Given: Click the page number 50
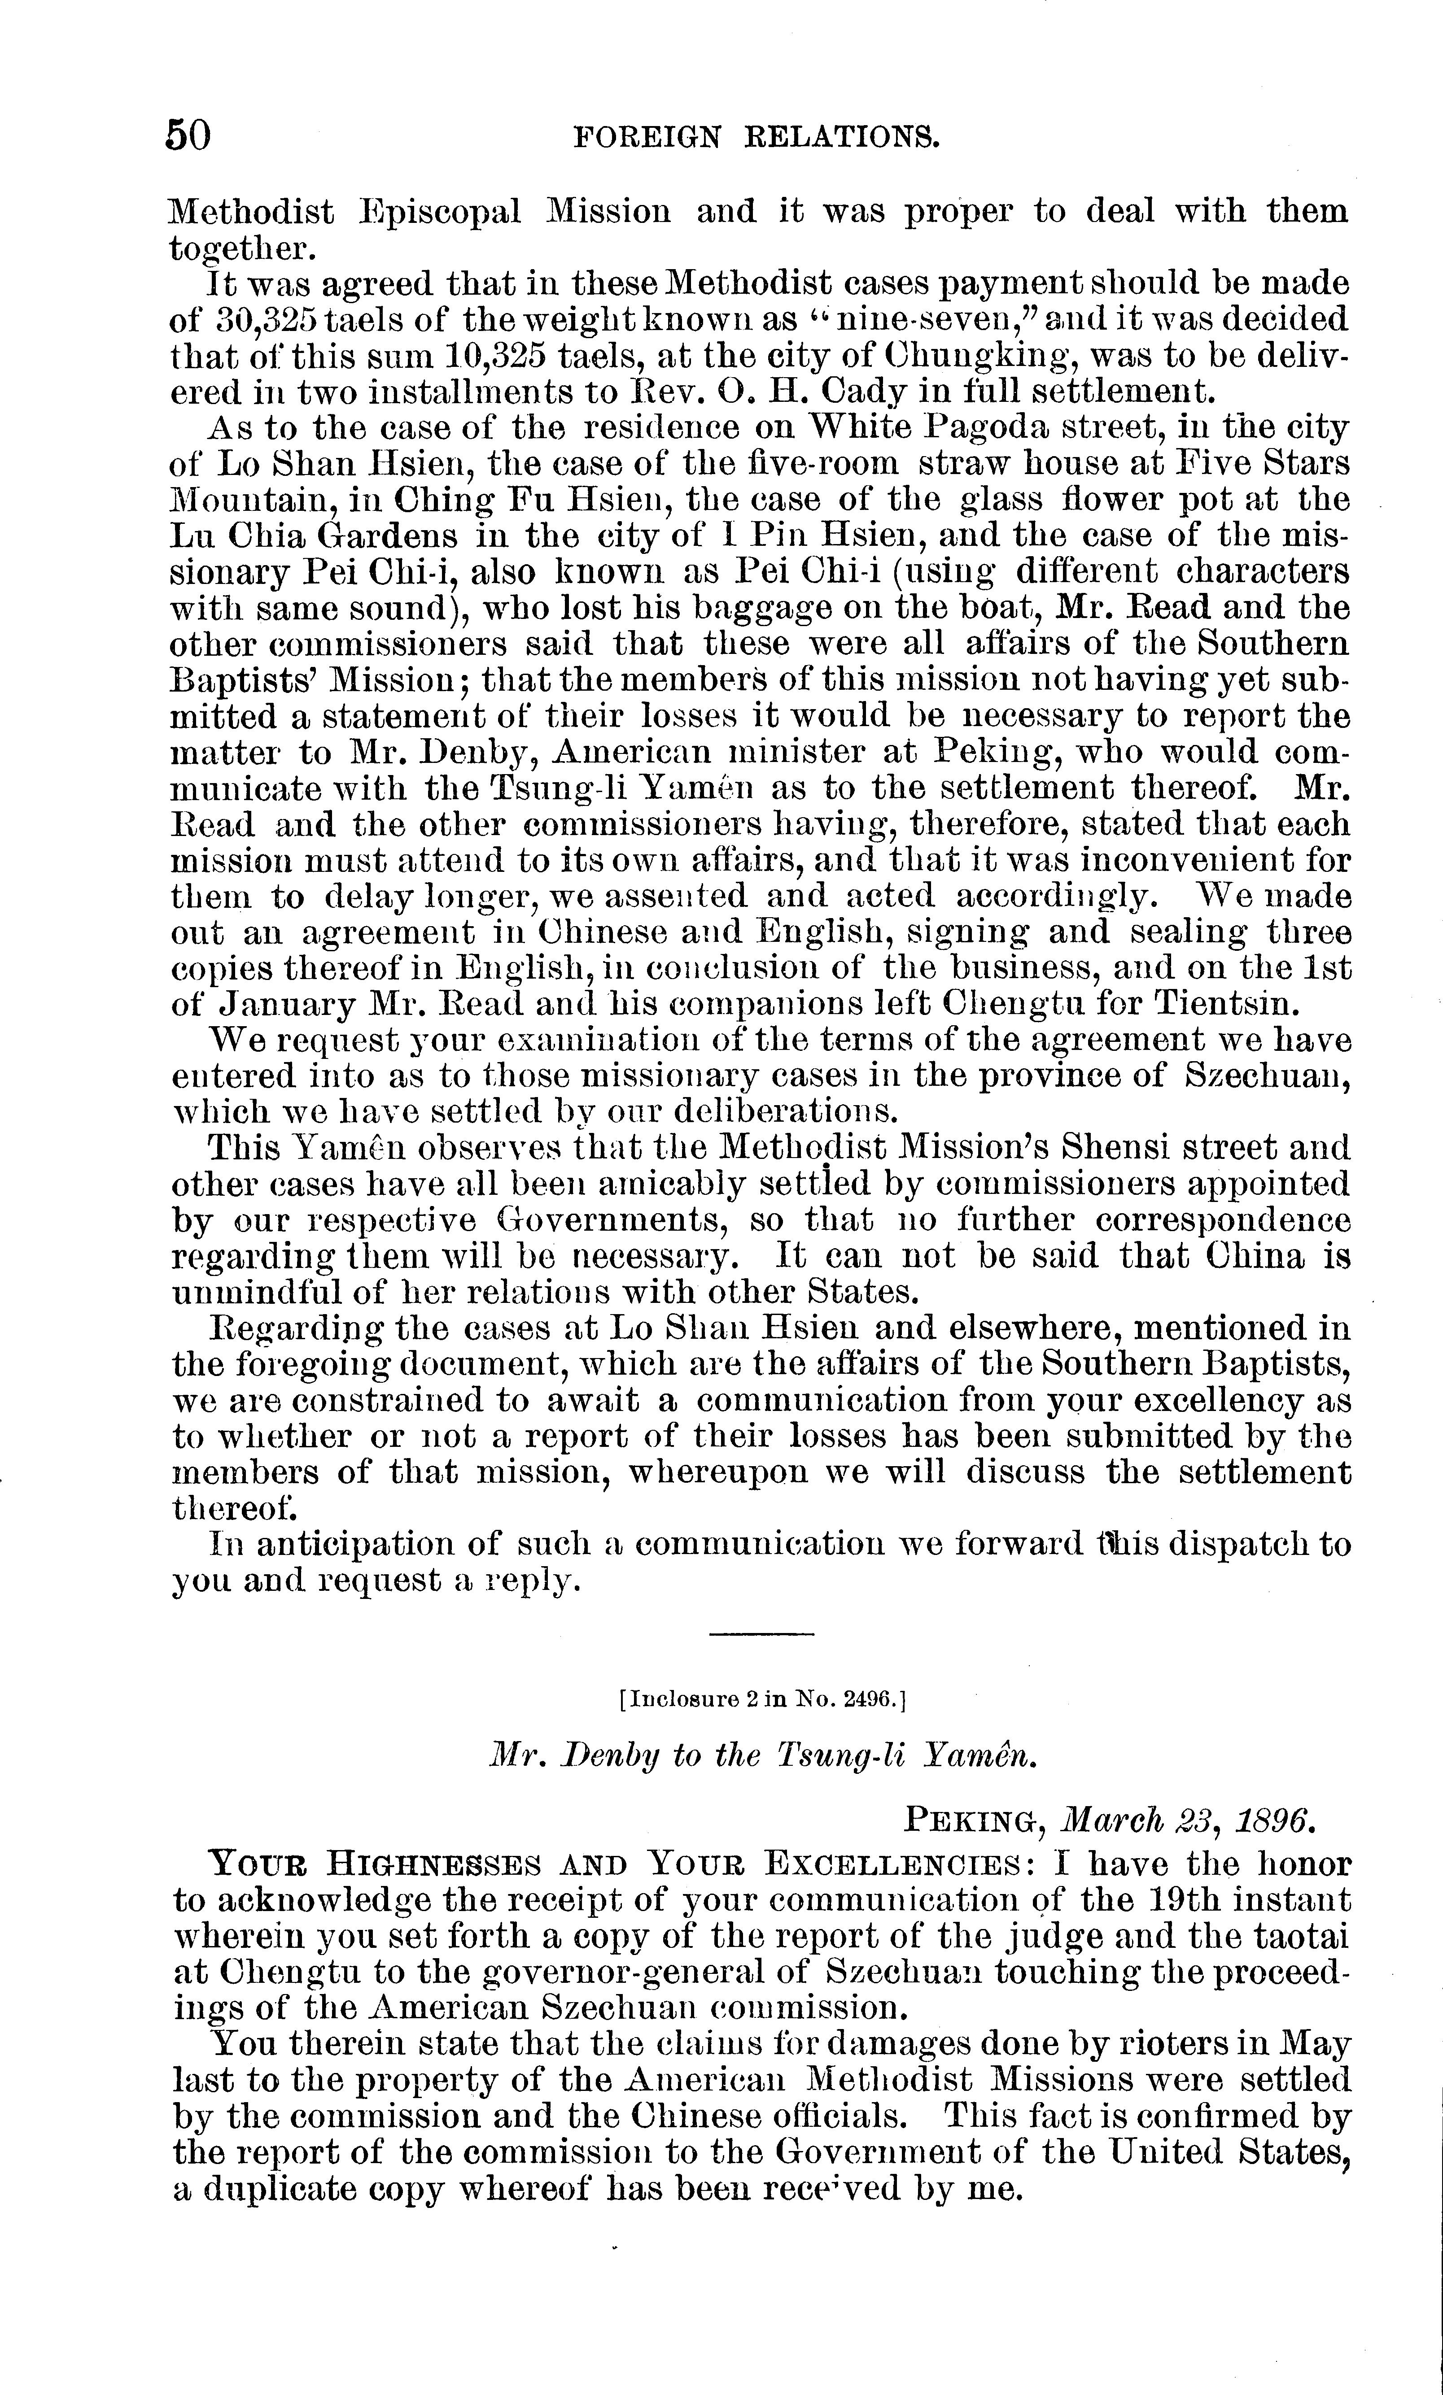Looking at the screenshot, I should [188, 136].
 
